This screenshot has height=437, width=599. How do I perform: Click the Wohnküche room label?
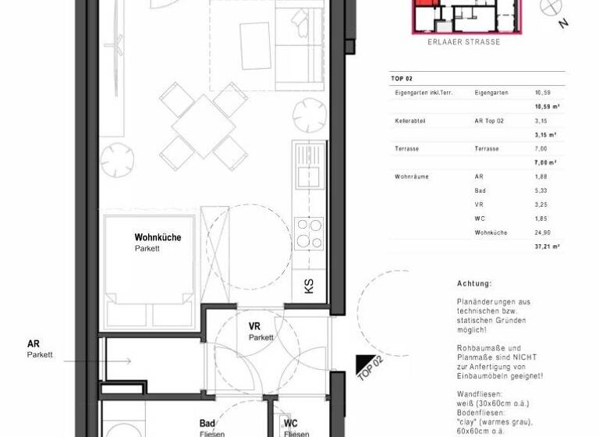pos(158,237)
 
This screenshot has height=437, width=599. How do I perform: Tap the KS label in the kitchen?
pos(308,286)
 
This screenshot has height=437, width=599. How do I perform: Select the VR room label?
pos(255,326)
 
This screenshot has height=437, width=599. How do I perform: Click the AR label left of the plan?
pos(34,343)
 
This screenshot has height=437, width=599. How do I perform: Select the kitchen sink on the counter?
pos(307,176)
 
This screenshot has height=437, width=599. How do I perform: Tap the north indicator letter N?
pos(563,23)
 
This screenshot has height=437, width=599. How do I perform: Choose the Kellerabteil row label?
pos(410,121)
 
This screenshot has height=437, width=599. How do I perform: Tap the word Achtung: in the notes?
pos(475,284)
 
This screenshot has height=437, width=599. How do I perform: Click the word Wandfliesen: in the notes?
pos(480,396)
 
